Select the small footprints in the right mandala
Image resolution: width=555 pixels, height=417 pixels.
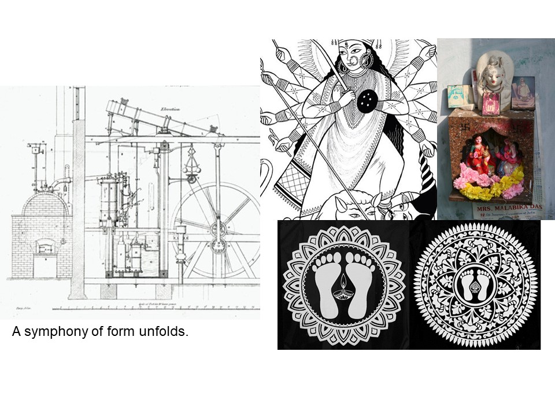tap(475, 284)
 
